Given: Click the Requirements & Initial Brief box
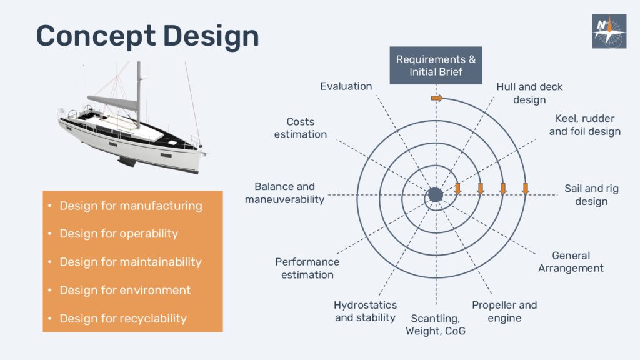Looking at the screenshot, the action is tap(436, 65).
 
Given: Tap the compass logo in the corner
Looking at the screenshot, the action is tap(609, 31).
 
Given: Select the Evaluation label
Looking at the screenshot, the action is tap(346, 86).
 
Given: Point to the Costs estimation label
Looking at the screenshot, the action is tap(301, 127).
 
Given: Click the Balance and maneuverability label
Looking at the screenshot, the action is tap(284, 193).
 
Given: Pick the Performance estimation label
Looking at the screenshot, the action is tap(307, 268).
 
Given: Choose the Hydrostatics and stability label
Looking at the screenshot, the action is tap(365, 311).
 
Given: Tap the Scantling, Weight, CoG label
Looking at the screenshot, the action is tap(436, 324).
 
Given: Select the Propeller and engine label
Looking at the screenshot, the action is tap(504, 311).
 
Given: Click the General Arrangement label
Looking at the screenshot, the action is tap(571, 262).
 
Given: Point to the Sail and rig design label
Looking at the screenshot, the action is tap(591, 195).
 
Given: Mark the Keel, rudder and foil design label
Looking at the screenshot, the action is tap(585, 125).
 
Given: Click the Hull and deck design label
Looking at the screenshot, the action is tap(529, 93).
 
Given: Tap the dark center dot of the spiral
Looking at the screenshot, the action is tap(436, 195).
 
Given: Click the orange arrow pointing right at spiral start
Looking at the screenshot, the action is tap(437, 98).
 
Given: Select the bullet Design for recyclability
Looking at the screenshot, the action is tap(123, 318).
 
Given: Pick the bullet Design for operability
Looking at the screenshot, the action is tap(119, 234).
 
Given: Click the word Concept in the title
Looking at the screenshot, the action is tap(96, 36).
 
